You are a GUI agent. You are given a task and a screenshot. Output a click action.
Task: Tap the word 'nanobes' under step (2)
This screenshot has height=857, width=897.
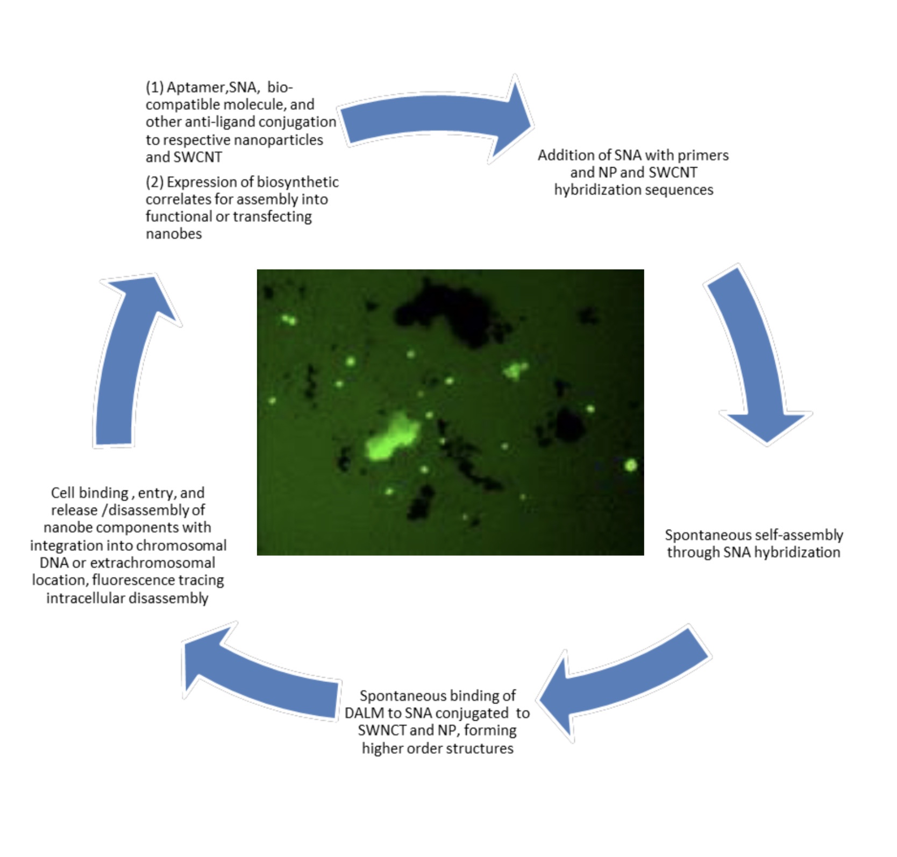174,234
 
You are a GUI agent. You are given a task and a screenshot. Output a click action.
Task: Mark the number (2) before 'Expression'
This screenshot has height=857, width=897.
154,182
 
